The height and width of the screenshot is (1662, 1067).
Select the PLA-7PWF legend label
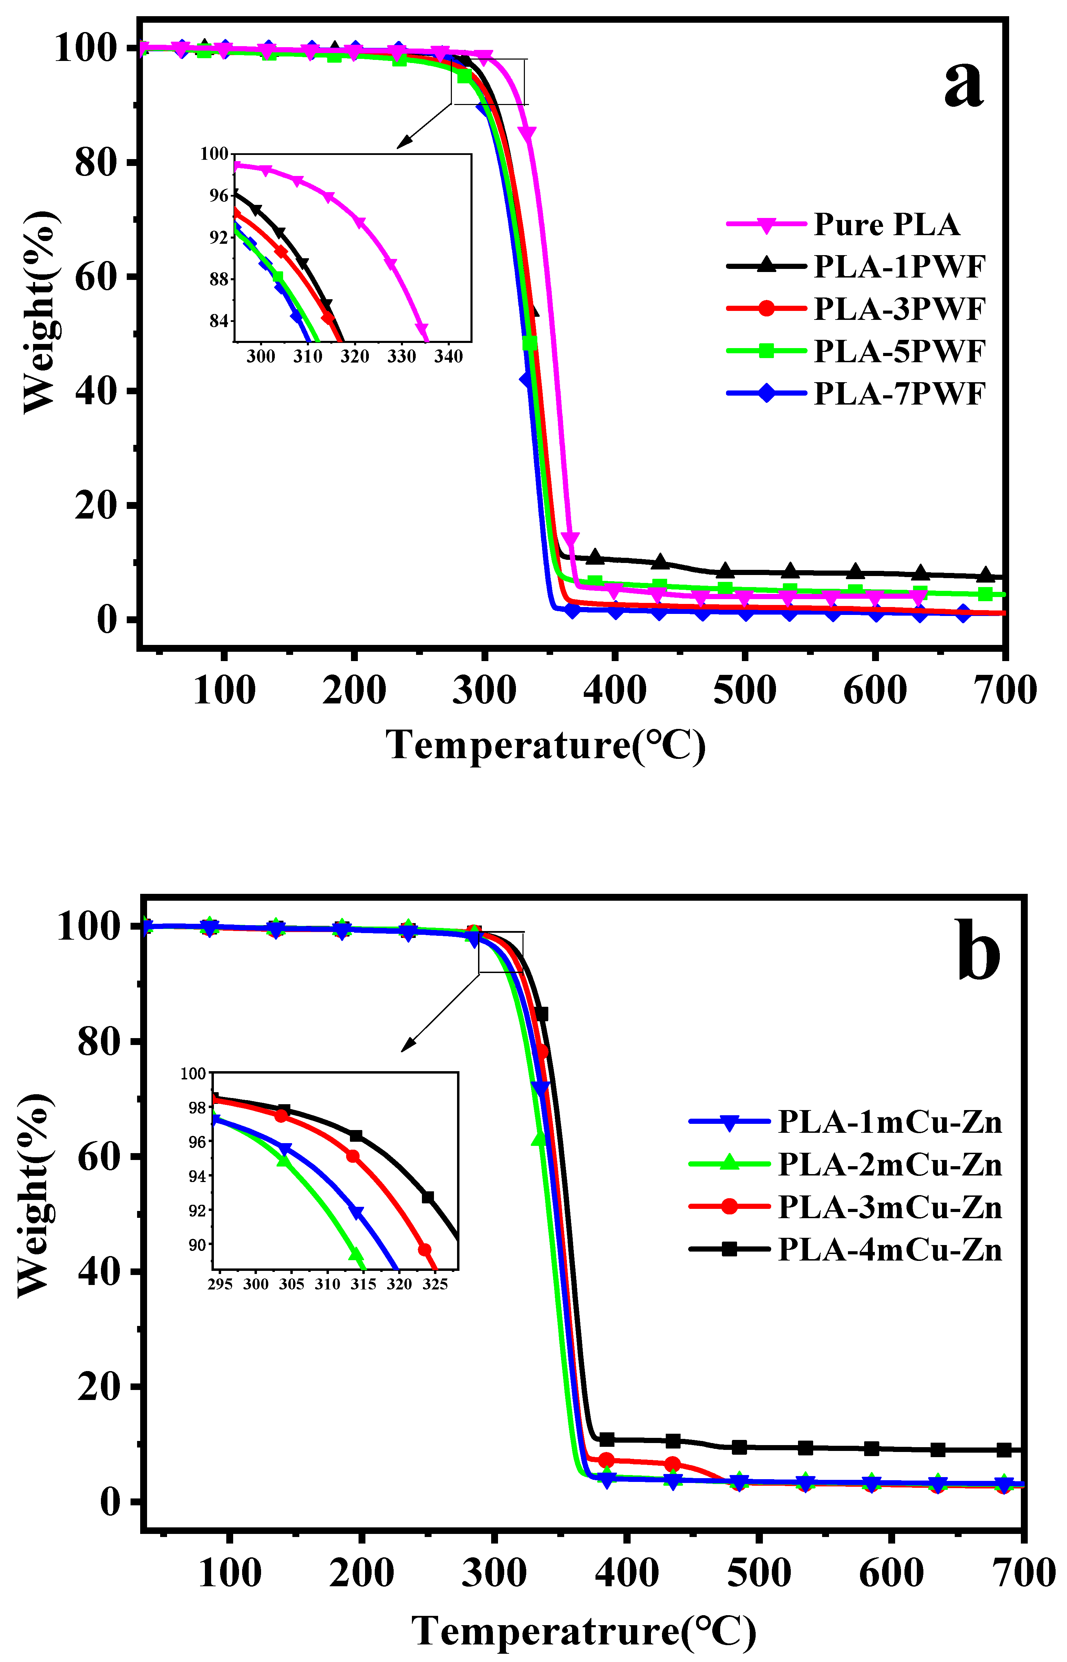899,394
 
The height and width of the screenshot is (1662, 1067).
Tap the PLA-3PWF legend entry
899,309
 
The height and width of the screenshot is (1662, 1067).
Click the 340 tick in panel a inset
448,357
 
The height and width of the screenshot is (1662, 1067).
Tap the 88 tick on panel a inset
219,279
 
